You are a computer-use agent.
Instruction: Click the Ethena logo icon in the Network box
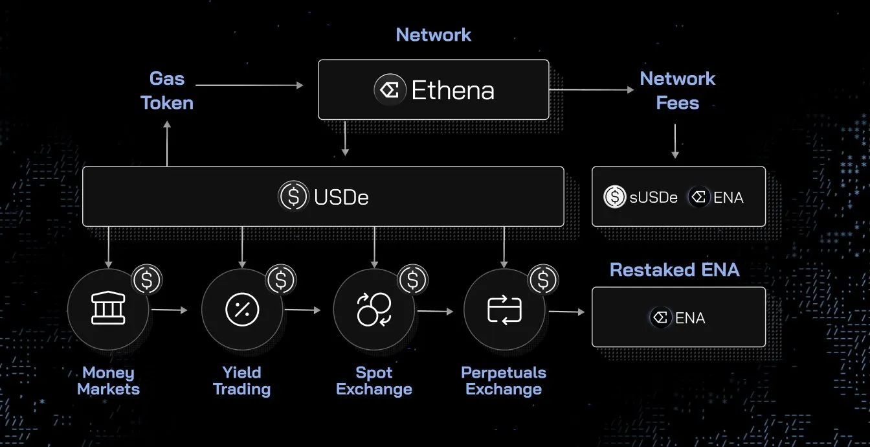pyautogui.click(x=390, y=90)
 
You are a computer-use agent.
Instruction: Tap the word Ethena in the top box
pyautogui.click(x=453, y=90)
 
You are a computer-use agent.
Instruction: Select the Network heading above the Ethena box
pyautogui.click(x=434, y=34)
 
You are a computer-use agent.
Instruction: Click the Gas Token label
pyautogui.click(x=167, y=91)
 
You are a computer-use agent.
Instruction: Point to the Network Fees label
pyautogui.click(x=677, y=91)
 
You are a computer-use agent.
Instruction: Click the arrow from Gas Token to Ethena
pyautogui.click(x=249, y=85)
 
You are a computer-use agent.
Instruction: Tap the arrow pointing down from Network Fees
pyautogui.click(x=675, y=141)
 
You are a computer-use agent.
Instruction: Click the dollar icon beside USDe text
pyautogui.click(x=293, y=196)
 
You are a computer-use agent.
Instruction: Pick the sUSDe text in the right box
pyautogui.click(x=654, y=198)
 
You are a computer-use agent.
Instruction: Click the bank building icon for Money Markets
pyautogui.click(x=108, y=310)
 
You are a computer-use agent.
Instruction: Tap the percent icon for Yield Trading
pyautogui.click(x=242, y=310)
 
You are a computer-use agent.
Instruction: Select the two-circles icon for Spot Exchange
pyautogui.click(x=374, y=310)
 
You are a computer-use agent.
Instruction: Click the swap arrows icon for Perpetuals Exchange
pyautogui.click(x=504, y=310)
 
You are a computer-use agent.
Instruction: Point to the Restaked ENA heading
pyautogui.click(x=675, y=269)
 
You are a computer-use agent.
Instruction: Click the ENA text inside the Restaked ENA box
pyautogui.click(x=690, y=318)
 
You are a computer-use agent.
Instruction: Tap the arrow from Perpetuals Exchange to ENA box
pyautogui.click(x=566, y=312)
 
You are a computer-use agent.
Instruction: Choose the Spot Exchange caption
pyautogui.click(x=374, y=381)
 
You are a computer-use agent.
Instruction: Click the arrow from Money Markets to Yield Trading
pyautogui.click(x=169, y=310)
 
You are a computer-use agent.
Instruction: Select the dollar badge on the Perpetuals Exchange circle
pyautogui.click(x=544, y=280)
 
